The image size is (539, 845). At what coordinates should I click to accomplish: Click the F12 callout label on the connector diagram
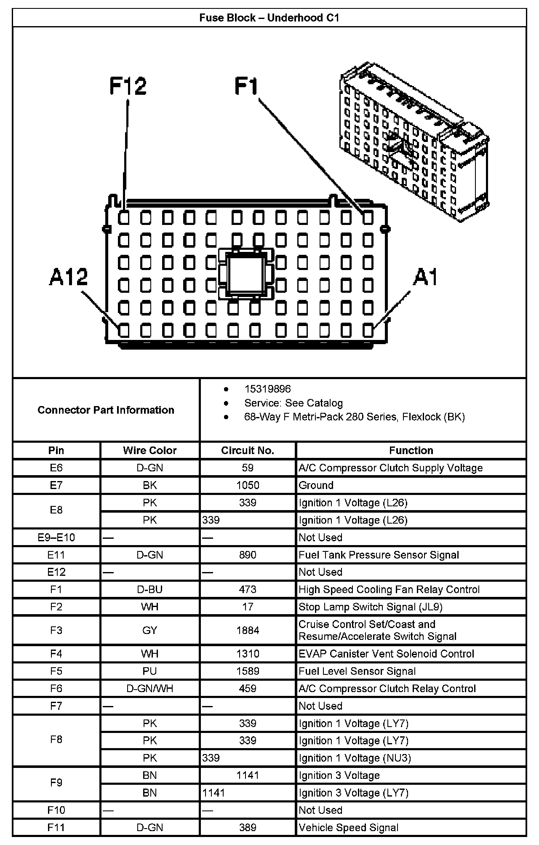[128, 86]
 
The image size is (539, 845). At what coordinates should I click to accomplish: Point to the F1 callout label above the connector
[246, 86]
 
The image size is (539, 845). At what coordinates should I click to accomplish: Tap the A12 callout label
[68, 277]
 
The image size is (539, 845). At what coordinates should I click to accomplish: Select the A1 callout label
[426, 277]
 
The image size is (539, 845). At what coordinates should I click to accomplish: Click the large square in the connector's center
[245, 274]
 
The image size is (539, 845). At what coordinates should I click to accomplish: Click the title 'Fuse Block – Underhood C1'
[269, 18]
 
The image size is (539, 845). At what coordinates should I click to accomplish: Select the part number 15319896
[267, 389]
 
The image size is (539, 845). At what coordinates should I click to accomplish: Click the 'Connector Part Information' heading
[106, 410]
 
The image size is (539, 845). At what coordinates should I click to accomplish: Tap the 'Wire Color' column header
[149, 450]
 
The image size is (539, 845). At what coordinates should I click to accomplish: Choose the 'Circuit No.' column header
[248, 450]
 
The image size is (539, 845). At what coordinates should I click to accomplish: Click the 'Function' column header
[411, 450]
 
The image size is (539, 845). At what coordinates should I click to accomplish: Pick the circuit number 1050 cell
[248, 485]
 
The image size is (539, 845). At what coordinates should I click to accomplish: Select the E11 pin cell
[56, 555]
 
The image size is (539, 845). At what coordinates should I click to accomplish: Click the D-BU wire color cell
[149, 589]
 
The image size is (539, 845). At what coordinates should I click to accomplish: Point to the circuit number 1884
[248, 630]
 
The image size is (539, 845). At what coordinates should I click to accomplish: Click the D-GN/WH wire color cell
[149, 688]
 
